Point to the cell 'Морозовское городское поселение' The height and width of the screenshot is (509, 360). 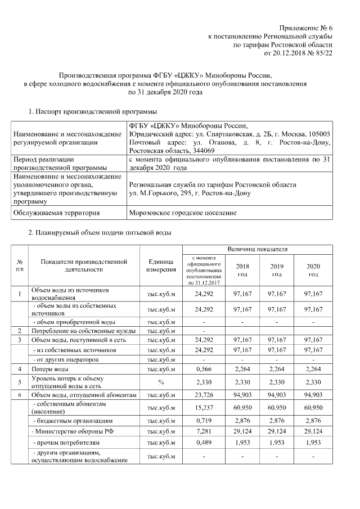[183, 213]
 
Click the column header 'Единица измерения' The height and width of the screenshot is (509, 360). [161, 265]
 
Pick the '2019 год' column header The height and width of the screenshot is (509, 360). [277, 270]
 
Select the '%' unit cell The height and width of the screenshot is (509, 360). [161, 382]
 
